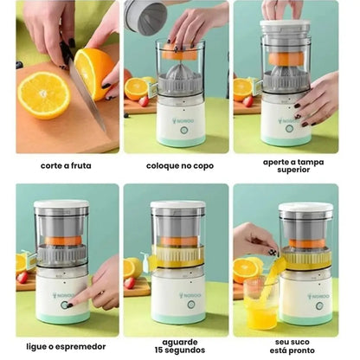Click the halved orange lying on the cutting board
coord(42,93)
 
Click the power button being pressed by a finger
coord(62,305)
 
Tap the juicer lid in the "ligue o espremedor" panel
coord(61,206)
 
